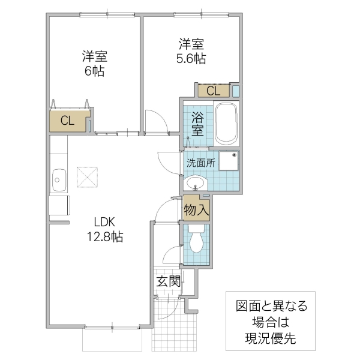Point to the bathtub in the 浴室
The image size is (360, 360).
point(227,124)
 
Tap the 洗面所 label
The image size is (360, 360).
point(200,163)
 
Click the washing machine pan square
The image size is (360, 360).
point(229,161)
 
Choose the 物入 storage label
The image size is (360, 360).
point(196,209)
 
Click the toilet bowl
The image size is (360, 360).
point(196,241)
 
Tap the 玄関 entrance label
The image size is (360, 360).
point(168,280)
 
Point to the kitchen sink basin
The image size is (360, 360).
point(59,178)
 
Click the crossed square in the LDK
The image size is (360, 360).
point(88,177)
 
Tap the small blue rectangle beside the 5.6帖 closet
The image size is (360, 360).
point(236,91)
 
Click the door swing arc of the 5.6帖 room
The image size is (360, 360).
point(155,120)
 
